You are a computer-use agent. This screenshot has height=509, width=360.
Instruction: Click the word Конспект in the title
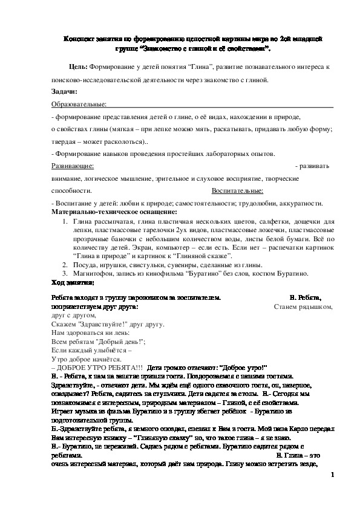79,37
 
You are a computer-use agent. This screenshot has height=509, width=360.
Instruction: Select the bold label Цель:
79,68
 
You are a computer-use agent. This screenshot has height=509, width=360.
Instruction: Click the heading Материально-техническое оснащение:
114,212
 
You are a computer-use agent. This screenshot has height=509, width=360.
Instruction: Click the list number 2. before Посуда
65,265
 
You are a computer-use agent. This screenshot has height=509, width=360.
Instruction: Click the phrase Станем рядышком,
303,306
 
